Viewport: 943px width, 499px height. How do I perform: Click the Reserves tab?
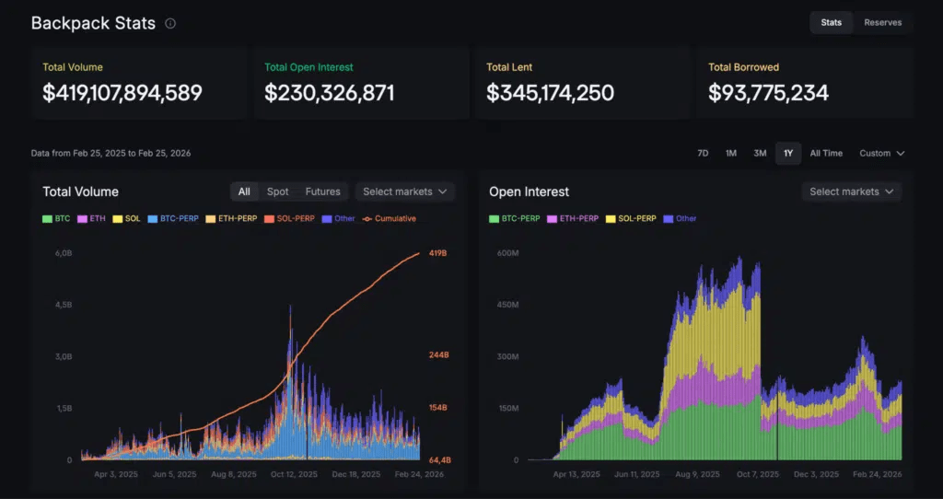882,23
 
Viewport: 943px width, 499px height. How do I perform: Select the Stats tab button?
832,23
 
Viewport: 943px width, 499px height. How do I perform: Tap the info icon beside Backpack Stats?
170,23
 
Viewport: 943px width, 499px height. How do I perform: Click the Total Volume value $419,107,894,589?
122,93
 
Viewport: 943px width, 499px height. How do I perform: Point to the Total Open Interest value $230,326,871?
330,93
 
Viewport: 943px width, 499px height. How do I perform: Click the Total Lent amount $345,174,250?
551,93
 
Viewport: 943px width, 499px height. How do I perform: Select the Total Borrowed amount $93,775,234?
769,93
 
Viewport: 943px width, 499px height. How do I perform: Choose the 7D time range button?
703,154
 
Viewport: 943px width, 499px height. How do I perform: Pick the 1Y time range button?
788,154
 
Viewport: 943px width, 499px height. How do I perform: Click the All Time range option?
826,154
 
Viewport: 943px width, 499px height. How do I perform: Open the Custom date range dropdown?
881,154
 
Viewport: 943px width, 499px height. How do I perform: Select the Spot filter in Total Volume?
278,191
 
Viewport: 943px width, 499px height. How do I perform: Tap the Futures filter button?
323,191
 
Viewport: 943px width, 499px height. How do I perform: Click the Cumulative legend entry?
390,219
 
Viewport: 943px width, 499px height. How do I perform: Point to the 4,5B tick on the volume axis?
64,305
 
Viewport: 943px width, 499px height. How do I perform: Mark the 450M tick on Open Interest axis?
507,305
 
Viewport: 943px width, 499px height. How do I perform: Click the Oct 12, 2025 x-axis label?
294,474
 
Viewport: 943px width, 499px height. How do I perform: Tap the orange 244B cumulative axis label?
438,355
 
